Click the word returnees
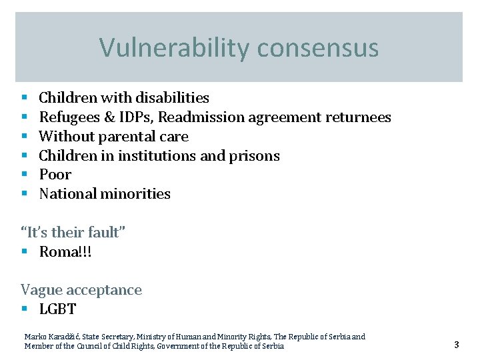tap(358, 118)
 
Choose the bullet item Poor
tap(55, 175)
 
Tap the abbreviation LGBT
tap(57, 309)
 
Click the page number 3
tap(457, 345)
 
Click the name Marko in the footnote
tap(34, 337)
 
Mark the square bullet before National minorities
tap(24, 194)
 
